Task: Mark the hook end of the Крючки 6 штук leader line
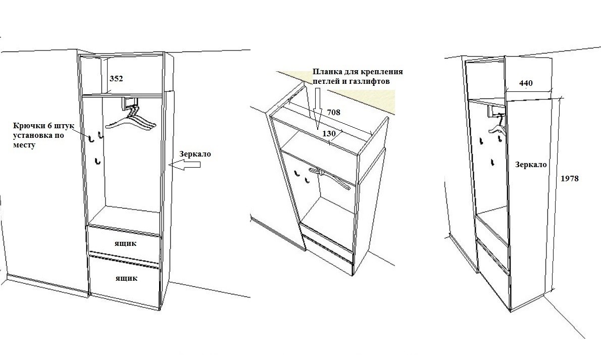click(x=90, y=138)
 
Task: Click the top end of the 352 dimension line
click(x=108, y=58)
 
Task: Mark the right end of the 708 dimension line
click(x=371, y=133)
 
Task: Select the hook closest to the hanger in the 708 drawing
click(x=306, y=179)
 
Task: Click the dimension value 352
click(x=116, y=79)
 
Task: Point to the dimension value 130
click(x=329, y=133)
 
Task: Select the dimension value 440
click(x=526, y=83)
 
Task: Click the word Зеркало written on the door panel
click(x=531, y=165)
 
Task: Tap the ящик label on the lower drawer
click(x=126, y=278)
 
